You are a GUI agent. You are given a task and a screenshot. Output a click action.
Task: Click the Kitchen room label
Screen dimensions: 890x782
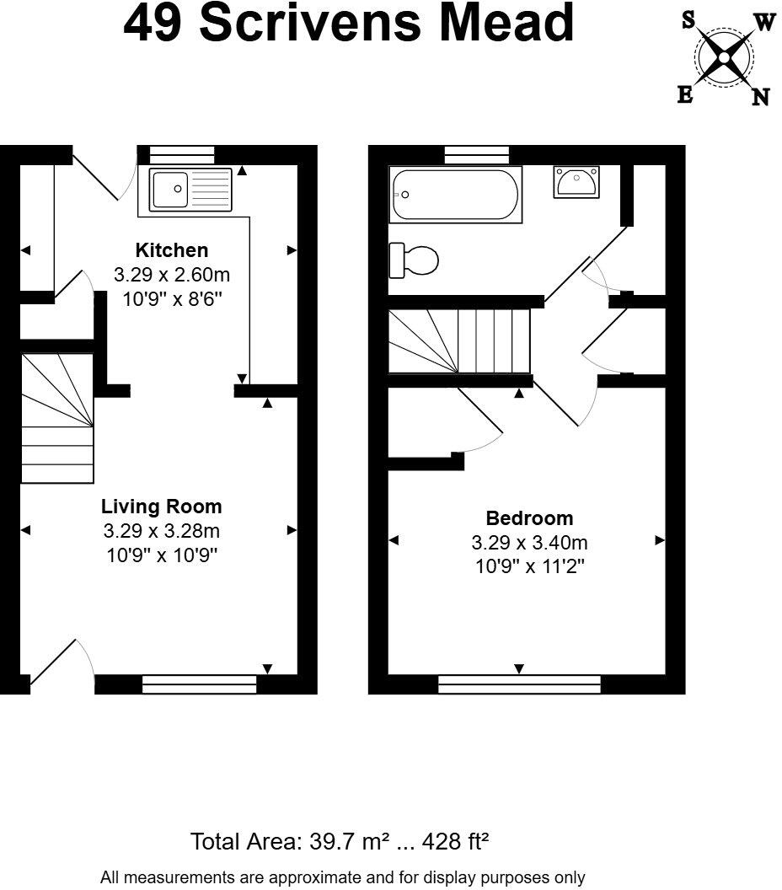point(172,250)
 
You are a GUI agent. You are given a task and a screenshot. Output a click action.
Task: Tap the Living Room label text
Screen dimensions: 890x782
point(162,507)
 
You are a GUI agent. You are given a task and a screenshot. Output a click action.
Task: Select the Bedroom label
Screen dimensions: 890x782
point(529,518)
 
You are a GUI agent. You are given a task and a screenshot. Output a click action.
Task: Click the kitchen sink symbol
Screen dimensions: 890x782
point(190,190)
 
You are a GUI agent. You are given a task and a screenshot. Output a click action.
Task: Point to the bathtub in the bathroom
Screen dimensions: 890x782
point(455,195)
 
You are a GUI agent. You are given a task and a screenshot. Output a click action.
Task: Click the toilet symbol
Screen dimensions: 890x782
point(414,260)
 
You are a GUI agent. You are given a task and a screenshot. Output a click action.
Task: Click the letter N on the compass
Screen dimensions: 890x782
point(760,98)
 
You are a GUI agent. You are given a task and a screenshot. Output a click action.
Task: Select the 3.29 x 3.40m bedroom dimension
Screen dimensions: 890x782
point(529,543)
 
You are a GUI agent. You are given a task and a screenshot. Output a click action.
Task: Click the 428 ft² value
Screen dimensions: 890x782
point(457,841)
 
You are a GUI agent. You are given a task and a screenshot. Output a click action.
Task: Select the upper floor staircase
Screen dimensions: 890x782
point(460,340)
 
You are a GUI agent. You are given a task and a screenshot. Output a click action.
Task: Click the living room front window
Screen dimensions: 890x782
point(200,684)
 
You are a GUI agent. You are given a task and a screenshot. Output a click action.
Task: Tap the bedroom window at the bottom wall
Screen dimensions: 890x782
point(519,684)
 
